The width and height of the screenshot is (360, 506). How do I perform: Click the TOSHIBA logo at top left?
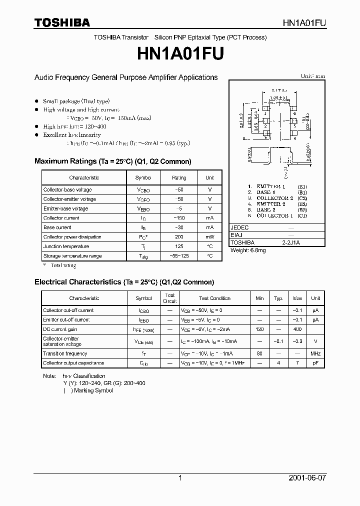(62, 22)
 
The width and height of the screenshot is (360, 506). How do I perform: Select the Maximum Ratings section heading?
(112, 161)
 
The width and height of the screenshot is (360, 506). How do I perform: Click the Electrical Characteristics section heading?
(124, 282)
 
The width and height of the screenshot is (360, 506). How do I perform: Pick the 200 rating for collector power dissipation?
(178, 237)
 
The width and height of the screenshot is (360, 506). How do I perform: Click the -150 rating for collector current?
(178, 218)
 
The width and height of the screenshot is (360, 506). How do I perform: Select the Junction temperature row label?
(66, 246)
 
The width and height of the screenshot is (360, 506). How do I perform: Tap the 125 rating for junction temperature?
(178, 246)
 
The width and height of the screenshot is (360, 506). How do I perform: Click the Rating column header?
(178, 177)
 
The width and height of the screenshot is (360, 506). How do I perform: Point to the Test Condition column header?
(214, 298)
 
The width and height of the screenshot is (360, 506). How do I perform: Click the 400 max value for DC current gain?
(297, 329)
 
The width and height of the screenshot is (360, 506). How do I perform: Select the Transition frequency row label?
(65, 353)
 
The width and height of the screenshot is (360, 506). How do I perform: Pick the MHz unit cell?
(315, 353)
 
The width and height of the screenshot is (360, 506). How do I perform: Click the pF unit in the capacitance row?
(315, 363)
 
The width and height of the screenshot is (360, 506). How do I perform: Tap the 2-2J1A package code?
(291, 242)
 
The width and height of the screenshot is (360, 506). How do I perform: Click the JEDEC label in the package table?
(239, 227)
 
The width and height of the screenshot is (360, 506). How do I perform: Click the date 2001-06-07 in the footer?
(307, 478)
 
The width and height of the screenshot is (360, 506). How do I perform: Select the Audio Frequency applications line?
(126, 77)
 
